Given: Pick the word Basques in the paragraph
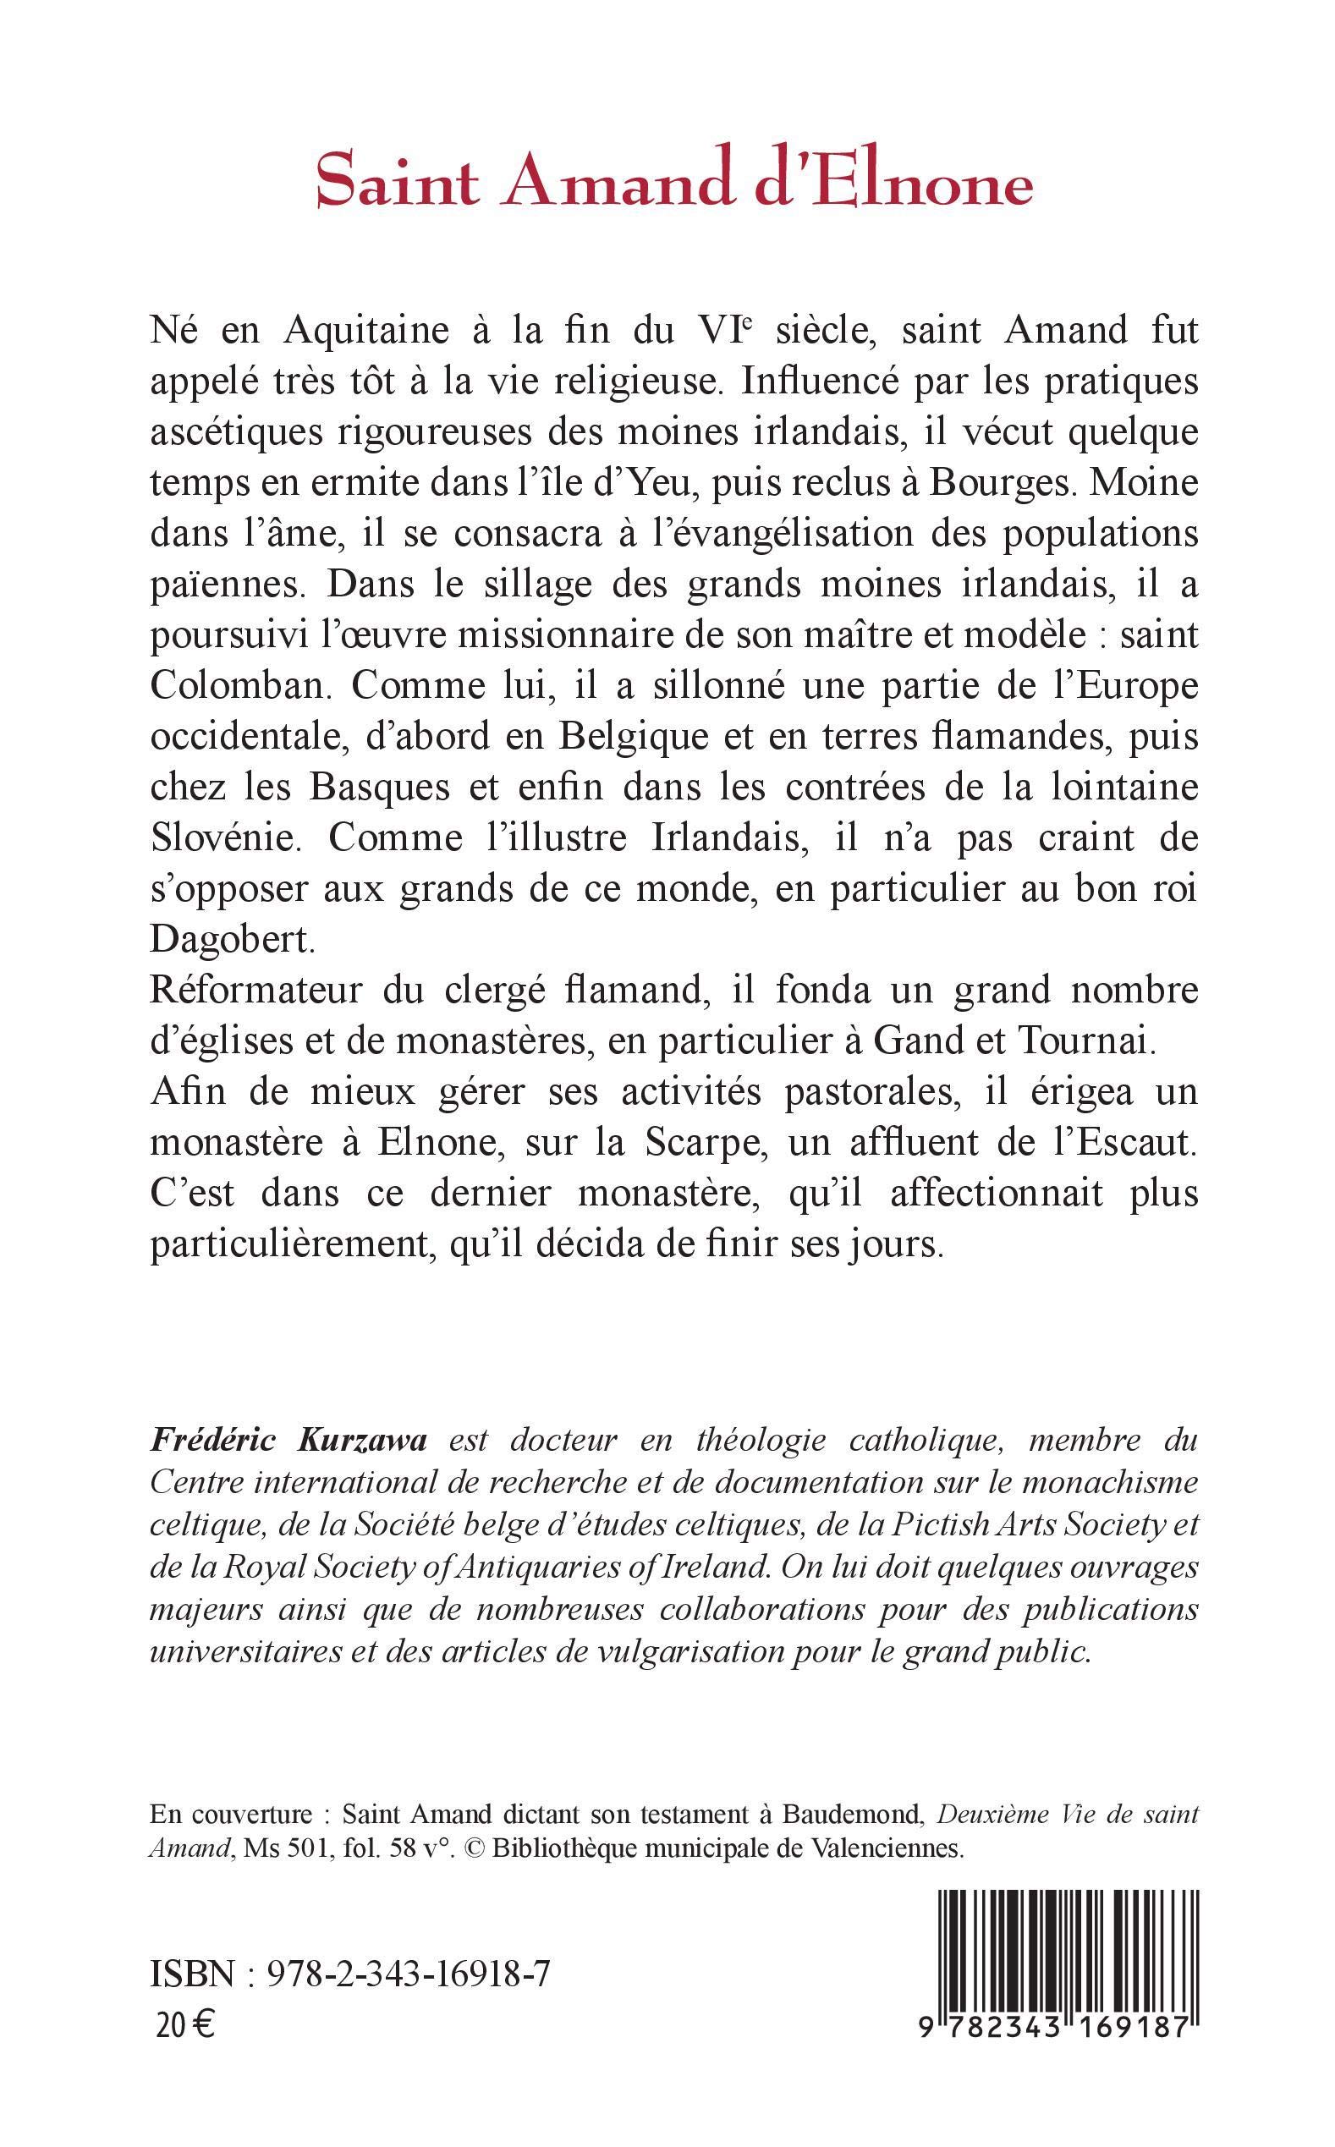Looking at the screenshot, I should coord(403,788).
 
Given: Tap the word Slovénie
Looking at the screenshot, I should coord(227,838).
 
